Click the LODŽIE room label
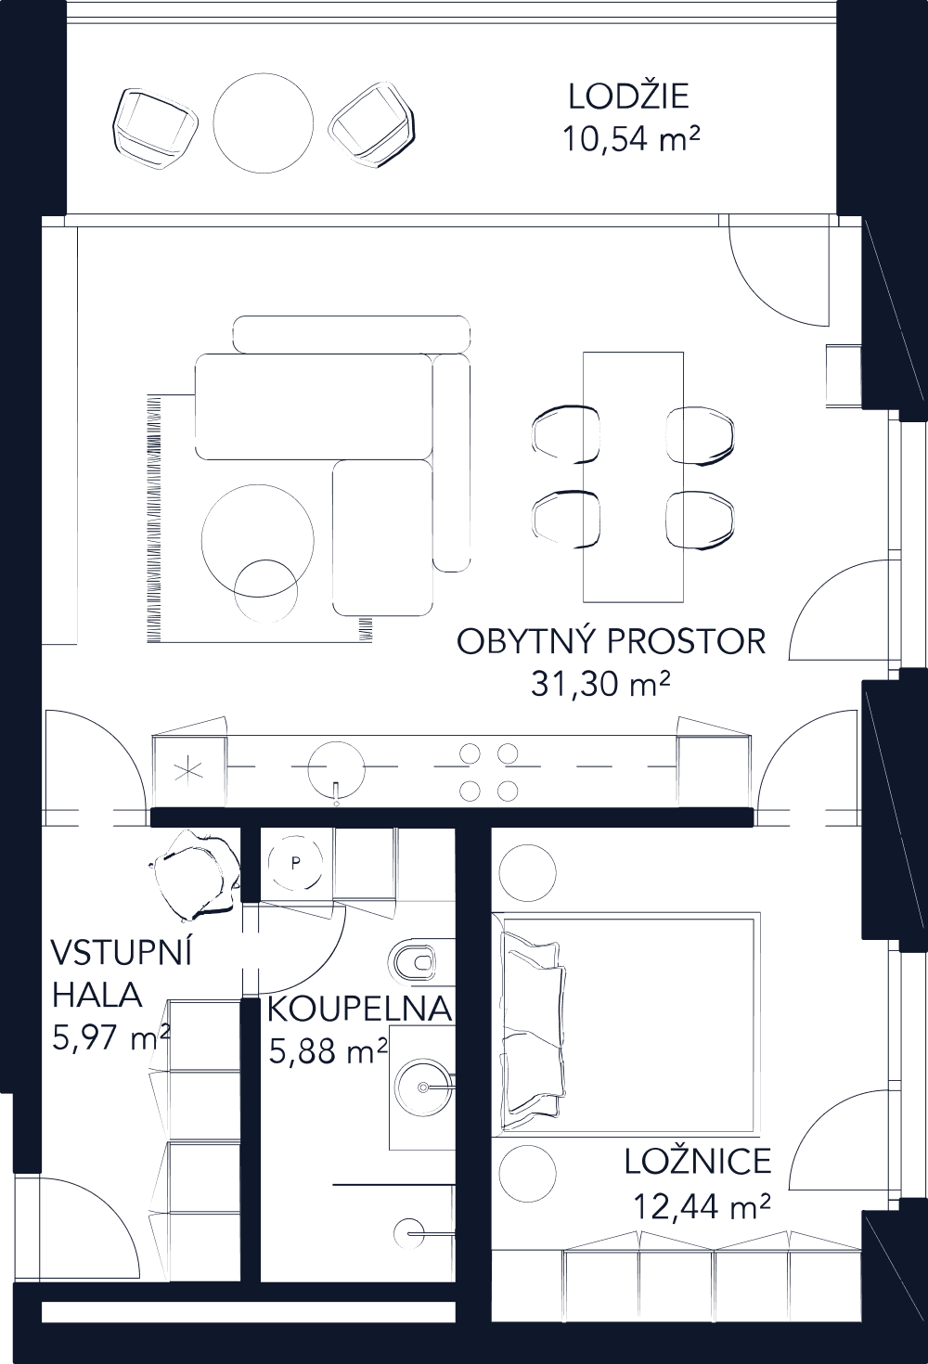(x=628, y=97)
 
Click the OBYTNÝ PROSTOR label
(x=612, y=641)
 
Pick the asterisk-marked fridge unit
(x=190, y=771)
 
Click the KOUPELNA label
(x=359, y=1009)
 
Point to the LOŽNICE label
(x=697, y=1162)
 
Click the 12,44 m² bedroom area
(x=702, y=1206)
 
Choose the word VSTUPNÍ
(x=121, y=953)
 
